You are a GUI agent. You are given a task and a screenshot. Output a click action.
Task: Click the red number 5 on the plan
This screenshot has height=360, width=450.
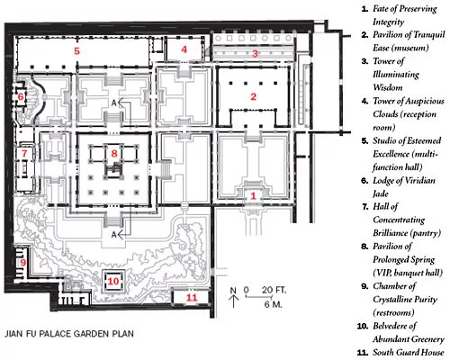pos(77,50)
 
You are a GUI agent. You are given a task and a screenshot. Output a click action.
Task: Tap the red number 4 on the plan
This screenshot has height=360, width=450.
pos(184,49)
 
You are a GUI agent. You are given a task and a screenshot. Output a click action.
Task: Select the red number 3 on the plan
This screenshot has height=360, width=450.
pos(255,54)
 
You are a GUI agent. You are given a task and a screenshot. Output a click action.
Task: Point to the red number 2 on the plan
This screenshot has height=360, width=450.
pos(254,96)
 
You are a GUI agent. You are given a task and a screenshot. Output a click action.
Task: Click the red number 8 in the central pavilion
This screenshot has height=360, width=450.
pos(114,153)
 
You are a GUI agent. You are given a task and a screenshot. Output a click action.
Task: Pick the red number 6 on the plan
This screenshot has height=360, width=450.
pos(21,96)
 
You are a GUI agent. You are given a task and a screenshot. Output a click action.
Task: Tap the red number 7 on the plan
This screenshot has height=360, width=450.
pos(24,154)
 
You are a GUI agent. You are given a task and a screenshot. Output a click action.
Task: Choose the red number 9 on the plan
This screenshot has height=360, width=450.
pos(23,263)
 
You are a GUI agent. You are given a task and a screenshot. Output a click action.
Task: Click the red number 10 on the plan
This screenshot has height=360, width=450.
pos(113,281)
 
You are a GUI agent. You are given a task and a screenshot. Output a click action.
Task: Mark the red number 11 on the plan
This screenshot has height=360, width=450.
pos(192,298)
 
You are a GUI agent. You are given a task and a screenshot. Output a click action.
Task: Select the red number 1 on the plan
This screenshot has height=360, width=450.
pos(254,196)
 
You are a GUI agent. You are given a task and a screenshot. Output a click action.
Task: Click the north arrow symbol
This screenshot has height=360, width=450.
pos(233,297)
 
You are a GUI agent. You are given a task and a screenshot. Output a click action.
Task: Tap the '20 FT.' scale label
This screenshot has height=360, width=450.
pos(274,290)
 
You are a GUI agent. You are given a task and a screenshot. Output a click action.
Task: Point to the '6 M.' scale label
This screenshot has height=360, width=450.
pos(273,304)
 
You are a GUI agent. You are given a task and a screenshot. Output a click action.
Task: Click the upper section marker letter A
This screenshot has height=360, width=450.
pos(114,103)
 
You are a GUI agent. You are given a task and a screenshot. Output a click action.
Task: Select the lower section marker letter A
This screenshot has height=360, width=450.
pos(113,235)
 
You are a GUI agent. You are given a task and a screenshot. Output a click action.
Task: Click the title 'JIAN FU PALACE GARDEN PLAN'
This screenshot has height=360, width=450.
pos(69,334)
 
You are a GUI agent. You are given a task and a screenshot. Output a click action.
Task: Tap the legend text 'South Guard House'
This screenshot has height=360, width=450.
pos(409,352)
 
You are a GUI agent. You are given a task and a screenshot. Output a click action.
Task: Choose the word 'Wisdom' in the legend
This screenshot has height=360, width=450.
pos(388,87)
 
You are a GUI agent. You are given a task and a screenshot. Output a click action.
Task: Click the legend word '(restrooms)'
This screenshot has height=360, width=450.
pos(393,312)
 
